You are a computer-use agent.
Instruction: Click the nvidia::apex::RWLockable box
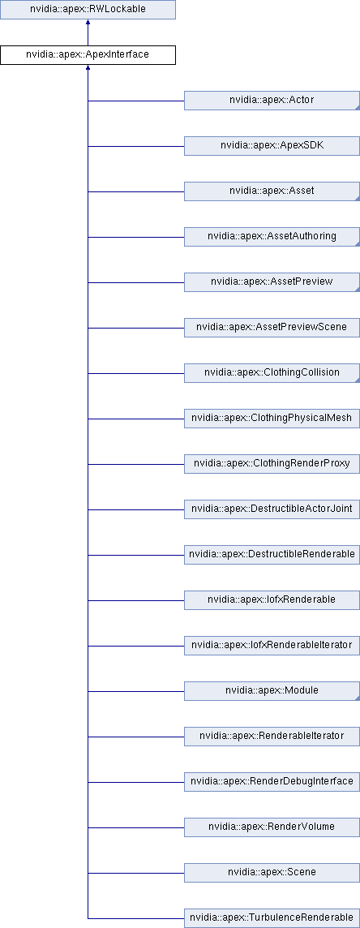tap(88, 10)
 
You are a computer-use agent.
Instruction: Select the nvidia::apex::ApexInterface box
tap(88, 55)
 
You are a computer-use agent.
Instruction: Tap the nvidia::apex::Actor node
tap(272, 101)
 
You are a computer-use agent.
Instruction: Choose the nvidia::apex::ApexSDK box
tap(272, 146)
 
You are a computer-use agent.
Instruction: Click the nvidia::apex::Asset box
tap(272, 191)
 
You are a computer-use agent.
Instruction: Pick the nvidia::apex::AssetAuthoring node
tap(272, 237)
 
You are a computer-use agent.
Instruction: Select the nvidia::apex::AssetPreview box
tap(272, 282)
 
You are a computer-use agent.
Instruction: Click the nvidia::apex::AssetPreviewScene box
tap(272, 328)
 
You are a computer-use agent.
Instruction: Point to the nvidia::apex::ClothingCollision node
tap(272, 373)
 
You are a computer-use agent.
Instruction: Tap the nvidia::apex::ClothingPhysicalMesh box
tap(272, 419)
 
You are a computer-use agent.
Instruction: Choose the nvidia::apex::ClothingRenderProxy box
tap(272, 464)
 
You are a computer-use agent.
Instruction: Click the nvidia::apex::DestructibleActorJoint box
tap(272, 509)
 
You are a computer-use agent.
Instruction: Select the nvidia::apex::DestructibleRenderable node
tap(272, 555)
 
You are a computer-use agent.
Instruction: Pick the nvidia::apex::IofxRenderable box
tap(272, 600)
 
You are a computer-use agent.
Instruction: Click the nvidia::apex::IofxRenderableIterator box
tap(272, 646)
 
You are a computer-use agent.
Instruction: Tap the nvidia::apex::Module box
tap(272, 691)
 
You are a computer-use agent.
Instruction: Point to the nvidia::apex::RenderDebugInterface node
tap(272, 782)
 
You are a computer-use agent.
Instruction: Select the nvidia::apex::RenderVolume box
tap(272, 827)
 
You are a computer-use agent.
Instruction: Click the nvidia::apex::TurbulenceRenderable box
tap(272, 918)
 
